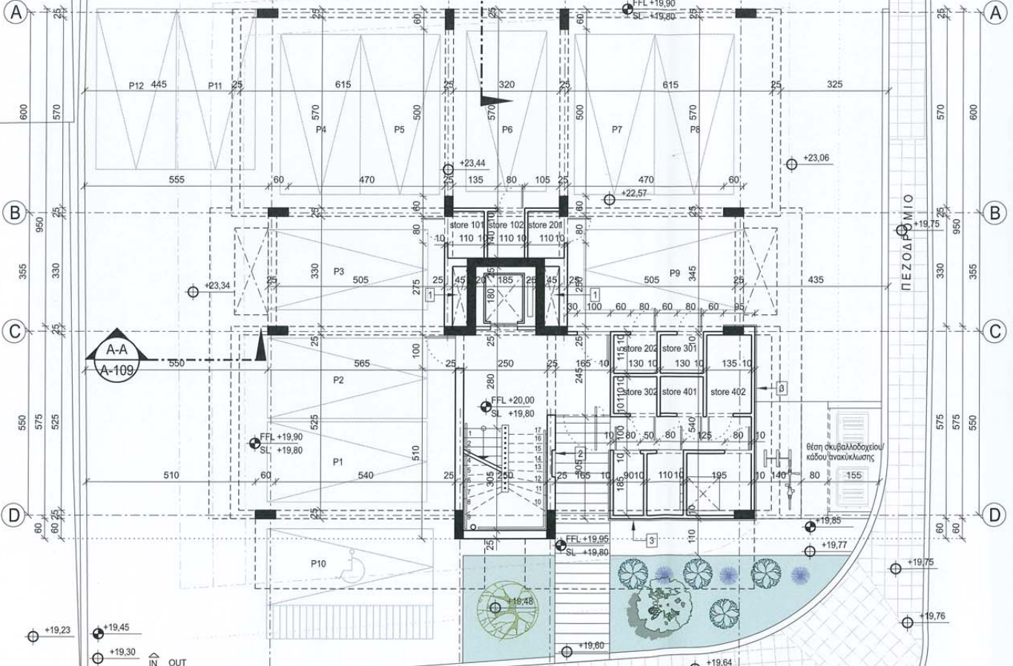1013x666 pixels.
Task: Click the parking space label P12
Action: coord(136,86)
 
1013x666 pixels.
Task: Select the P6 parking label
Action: coord(507,130)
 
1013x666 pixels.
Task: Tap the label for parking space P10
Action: coord(318,564)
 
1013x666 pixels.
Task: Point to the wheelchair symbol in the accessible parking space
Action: coord(346,571)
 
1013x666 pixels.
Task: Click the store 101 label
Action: coord(466,225)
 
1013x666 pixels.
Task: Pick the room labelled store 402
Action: coord(727,392)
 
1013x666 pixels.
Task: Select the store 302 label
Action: coord(639,392)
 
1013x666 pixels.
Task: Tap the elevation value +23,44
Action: coord(472,163)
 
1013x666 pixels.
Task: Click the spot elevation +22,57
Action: coord(634,193)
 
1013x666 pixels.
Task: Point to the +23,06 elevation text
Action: coord(816,159)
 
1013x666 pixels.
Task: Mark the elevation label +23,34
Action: coord(217,285)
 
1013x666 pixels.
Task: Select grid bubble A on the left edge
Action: coord(16,13)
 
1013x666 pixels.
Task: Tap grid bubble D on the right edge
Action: coord(995,514)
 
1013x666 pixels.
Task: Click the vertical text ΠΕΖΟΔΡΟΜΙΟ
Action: coord(908,242)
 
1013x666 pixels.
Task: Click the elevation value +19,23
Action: coord(57,630)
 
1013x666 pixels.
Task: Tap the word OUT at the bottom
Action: coord(177,662)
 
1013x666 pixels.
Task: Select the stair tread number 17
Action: coord(538,430)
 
